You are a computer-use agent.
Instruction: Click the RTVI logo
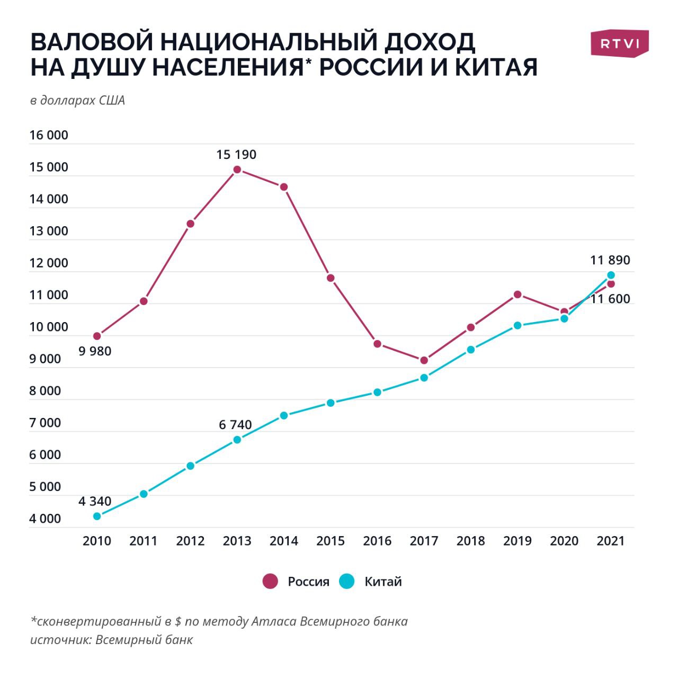pyautogui.click(x=619, y=43)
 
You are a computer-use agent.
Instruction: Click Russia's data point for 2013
pyautogui.click(x=237, y=169)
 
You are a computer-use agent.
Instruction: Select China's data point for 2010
pyautogui.click(x=97, y=516)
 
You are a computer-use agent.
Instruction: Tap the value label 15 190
pyautogui.click(x=236, y=155)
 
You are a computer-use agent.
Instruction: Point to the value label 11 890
pyautogui.click(x=610, y=260)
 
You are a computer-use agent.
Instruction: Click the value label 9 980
pyautogui.click(x=95, y=351)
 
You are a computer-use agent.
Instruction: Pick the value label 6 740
pyautogui.click(x=235, y=425)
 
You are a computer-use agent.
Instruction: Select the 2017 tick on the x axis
pyautogui.click(x=424, y=541)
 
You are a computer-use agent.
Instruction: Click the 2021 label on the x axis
pyautogui.click(x=610, y=541)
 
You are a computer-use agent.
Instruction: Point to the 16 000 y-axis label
pyautogui.click(x=49, y=135)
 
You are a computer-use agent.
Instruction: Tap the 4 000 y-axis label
pyautogui.click(x=45, y=519)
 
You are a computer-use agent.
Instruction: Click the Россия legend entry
pyautogui.click(x=297, y=582)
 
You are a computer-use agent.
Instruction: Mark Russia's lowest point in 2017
pyautogui.click(x=424, y=360)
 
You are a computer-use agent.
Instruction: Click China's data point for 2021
pyautogui.click(x=611, y=275)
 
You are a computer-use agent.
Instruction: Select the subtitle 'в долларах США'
pyautogui.click(x=77, y=101)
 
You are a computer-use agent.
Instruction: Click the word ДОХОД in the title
pyautogui.click(x=418, y=42)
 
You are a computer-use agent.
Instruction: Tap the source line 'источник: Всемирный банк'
pyautogui.click(x=111, y=639)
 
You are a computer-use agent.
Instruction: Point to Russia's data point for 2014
pyautogui.click(x=284, y=187)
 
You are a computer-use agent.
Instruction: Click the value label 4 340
pyautogui.click(x=95, y=501)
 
